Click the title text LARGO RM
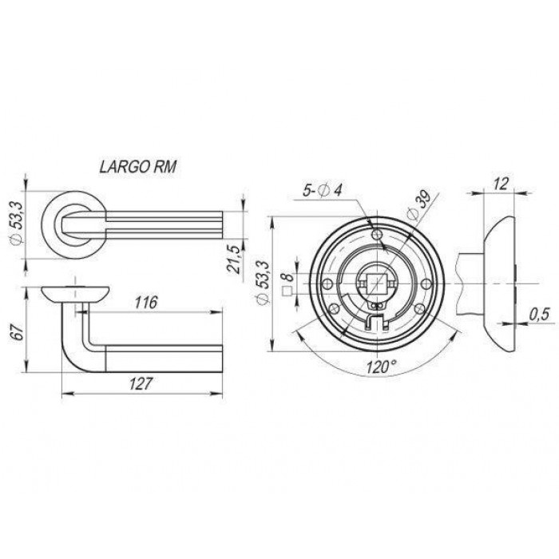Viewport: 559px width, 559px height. (x=137, y=167)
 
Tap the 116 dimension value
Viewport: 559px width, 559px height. (x=146, y=303)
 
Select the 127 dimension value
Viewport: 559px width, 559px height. (x=141, y=383)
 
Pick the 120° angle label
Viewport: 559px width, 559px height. (x=382, y=366)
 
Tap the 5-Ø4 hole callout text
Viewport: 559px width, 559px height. (x=323, y=191)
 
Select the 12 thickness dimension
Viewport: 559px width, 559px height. (x=501, y=184)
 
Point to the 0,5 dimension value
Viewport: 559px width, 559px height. (x=539, y=315)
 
